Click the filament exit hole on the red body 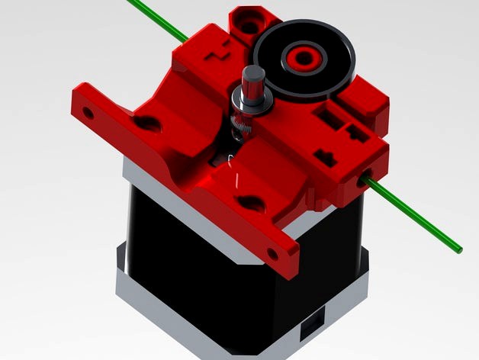361,181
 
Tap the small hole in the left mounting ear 88,114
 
